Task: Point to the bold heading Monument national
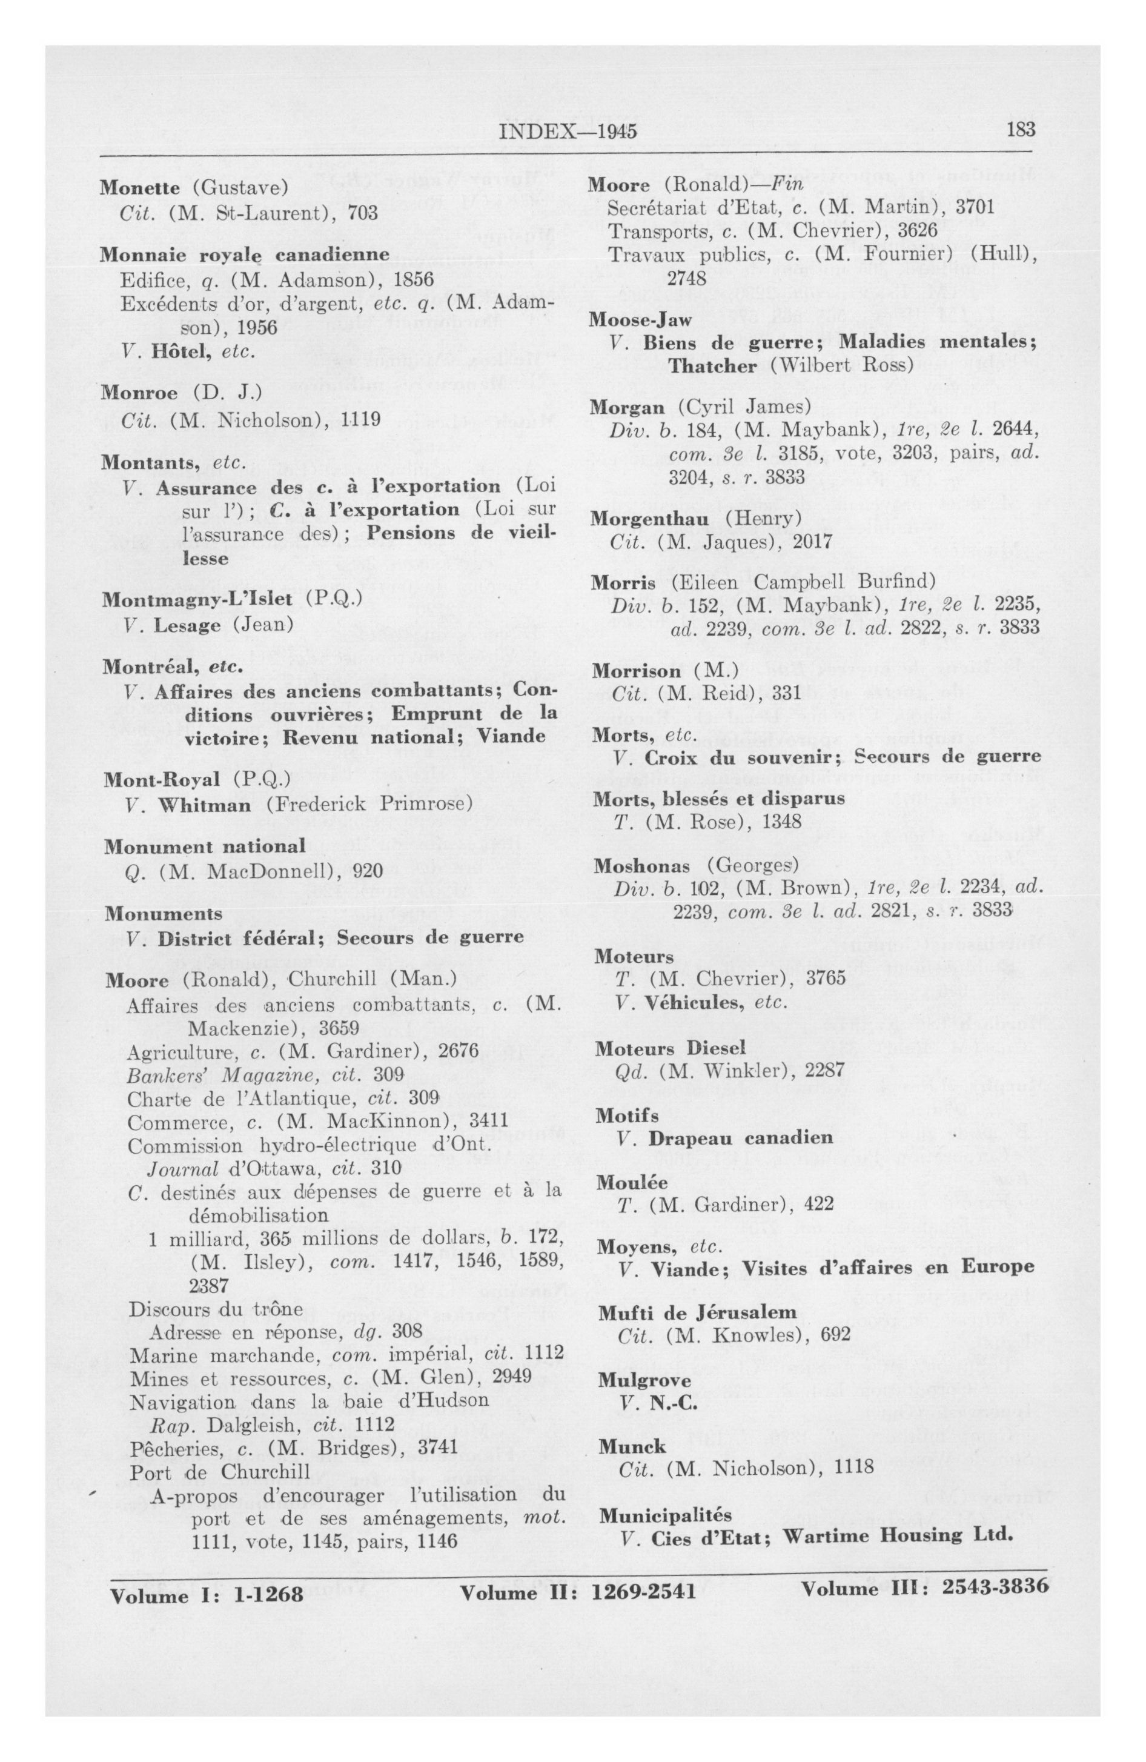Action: (204, 846)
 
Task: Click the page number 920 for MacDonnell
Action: (368, 870)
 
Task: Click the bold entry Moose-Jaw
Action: (640, 320)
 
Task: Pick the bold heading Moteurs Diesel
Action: (669, 1048)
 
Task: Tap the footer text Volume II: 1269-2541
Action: (577, 1591)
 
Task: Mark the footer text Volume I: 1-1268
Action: (207, 1594)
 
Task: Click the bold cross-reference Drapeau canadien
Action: (740, 1138)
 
